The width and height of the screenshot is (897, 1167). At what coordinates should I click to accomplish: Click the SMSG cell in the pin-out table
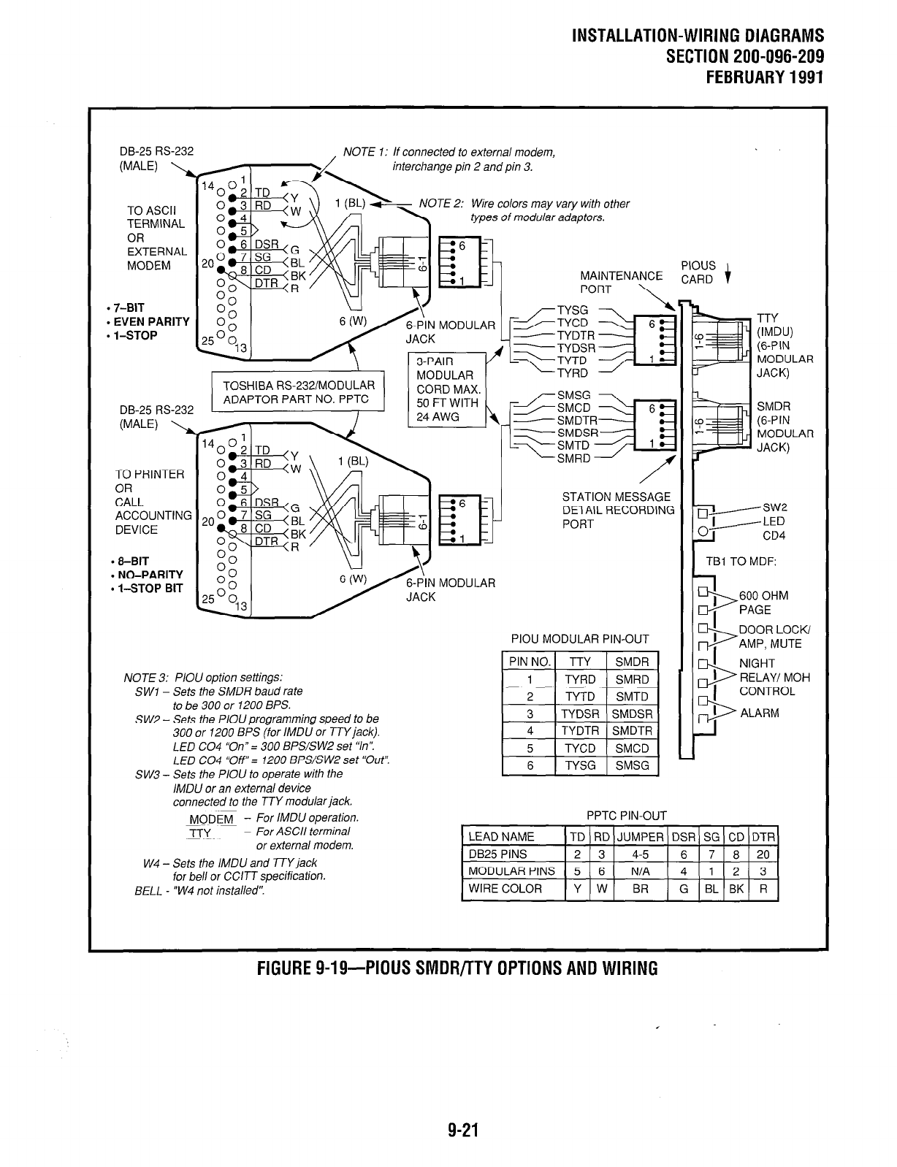pyautogui.click(x=632, y=765)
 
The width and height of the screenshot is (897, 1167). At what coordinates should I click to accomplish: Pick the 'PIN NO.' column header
pyautogui.click(x=529, y=662)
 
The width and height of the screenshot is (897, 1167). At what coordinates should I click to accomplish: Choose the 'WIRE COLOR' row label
pyautogui.click(x=505, y=889)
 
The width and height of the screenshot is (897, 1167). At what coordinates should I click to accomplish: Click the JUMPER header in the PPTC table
pyautogui.click(x=640, y=837)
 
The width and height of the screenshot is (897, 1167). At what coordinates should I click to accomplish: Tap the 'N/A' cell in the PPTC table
pyautogui.click(x=640, y=871)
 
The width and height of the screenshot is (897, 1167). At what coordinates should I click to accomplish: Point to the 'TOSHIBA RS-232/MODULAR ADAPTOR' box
pyautogui.click(x=298, y=392)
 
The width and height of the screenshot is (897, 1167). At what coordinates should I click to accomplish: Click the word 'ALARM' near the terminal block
pyautogui.click(x=759, y=713)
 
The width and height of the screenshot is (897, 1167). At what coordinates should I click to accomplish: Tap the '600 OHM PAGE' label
pyautogui.click(x=763, y=602)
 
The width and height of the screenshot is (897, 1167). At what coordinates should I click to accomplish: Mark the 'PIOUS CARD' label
pyautogui.click(x=698, y=272)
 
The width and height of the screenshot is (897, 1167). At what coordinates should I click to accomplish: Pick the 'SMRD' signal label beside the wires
pyautogui.click(x=573, y=459)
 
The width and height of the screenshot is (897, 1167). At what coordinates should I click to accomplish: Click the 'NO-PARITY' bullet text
pyautogui.click(x=150, y=575)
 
